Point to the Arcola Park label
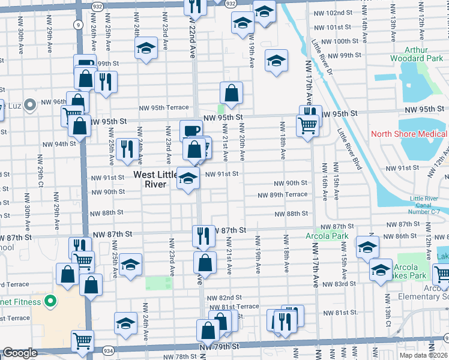(x=331, y=235)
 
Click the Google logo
(x=20, y=353)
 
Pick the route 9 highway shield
(x=79, y=25)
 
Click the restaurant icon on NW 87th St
(x=204, y=235)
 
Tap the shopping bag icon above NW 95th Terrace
(x=231, y=92)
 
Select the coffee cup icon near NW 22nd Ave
(x=191, y=130)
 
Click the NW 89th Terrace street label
(x=283, y=195)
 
